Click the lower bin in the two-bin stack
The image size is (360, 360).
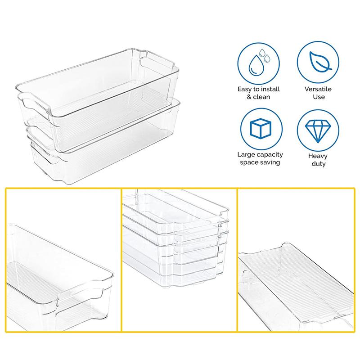click(x=103, y=139)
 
